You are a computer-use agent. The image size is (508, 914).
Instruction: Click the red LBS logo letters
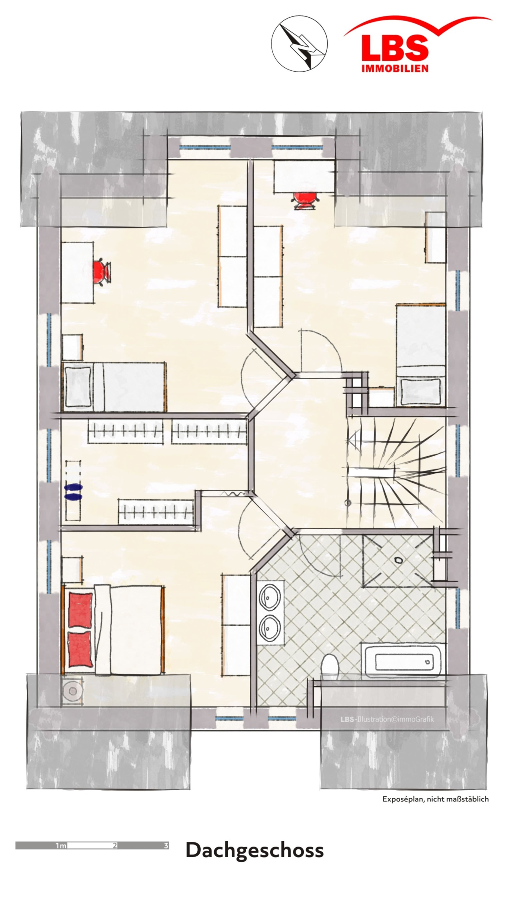tap(395, 49)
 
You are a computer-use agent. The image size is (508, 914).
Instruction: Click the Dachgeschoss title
tap(254, 851)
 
